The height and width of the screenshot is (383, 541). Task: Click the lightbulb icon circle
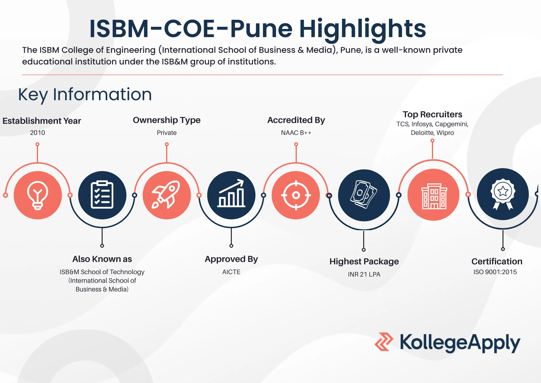[38, 195]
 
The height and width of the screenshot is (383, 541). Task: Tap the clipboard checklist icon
[102, 195]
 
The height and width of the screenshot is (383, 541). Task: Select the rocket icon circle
[167, 195]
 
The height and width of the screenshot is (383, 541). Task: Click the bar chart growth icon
[231, 193]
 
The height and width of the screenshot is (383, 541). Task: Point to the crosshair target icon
[296, 195]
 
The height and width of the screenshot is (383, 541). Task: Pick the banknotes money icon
[364, 194]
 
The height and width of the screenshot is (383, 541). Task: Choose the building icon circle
[433, 195]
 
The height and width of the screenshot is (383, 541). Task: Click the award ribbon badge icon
[503, 194]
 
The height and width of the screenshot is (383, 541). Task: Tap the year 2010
[38, 133]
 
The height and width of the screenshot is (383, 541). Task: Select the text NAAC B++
[296, 133]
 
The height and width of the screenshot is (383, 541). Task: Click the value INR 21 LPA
[364, 274]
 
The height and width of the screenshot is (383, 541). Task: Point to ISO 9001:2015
[495, 272]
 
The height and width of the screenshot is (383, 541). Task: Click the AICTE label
[231, 272]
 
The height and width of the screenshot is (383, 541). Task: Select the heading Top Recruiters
[432, 114]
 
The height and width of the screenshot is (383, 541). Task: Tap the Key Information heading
[85, 95]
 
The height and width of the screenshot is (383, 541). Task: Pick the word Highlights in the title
[362, 29]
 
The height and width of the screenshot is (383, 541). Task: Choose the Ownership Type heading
[167, 120]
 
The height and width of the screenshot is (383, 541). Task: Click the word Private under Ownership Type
[167, 133]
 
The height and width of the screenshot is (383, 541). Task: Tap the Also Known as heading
[102, 259]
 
